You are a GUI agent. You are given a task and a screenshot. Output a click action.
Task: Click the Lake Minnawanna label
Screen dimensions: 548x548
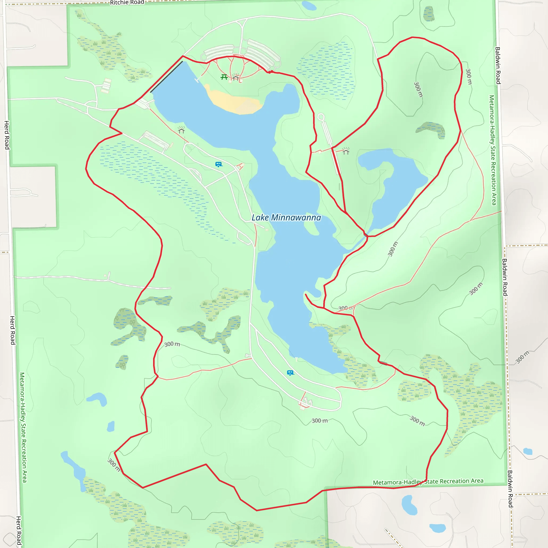286,218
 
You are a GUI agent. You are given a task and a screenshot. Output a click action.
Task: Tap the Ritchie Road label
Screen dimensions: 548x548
127,3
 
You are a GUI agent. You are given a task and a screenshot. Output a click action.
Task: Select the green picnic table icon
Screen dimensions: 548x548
224,77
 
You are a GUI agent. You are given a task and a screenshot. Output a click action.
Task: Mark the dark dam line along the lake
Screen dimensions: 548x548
166,77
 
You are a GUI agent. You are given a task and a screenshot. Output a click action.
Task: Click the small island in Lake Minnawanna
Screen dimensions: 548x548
311,227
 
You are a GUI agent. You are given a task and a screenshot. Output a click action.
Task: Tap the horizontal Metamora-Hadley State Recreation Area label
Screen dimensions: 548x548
428,482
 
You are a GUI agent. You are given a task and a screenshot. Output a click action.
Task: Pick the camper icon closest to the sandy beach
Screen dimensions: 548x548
218,164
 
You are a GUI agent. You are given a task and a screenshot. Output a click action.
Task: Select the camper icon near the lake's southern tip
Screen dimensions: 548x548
290,373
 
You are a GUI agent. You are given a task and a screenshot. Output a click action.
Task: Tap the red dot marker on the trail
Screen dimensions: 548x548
271,71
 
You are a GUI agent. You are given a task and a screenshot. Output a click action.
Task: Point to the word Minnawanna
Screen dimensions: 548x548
296,218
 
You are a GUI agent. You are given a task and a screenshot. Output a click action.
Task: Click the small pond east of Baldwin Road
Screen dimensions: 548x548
528,451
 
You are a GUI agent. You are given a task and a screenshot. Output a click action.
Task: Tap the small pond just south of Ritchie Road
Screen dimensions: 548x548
309,6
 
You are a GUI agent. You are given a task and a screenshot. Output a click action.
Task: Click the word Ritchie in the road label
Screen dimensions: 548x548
119,3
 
